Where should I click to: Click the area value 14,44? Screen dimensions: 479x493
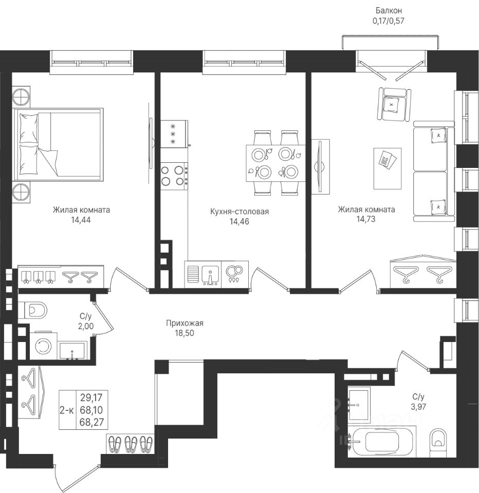coord(81,220)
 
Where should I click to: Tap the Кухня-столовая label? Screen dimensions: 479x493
coord(239,212)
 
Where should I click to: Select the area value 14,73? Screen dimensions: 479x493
coord(366,219)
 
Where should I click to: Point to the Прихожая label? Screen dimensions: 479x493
coord(185,323)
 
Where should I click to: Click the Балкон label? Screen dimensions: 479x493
coord(389,10)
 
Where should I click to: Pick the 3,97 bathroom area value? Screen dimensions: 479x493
coord(418,407)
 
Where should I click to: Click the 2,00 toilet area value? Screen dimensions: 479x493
coord(86,327)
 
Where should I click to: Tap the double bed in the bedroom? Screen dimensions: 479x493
coord(58,145)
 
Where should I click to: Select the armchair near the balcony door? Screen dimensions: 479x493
coord(394,104)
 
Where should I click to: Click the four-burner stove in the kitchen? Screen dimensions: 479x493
coord(175,176)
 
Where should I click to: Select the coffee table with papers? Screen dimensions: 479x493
coord(388,168)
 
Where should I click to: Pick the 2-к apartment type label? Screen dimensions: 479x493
coord(67,410)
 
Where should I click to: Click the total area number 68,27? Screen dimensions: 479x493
coord(92,422)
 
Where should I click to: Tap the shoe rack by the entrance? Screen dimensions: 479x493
coord(131,444)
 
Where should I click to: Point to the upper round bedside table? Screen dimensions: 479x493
coord(22,96)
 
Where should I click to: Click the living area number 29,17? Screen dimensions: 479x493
coord(92,397)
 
